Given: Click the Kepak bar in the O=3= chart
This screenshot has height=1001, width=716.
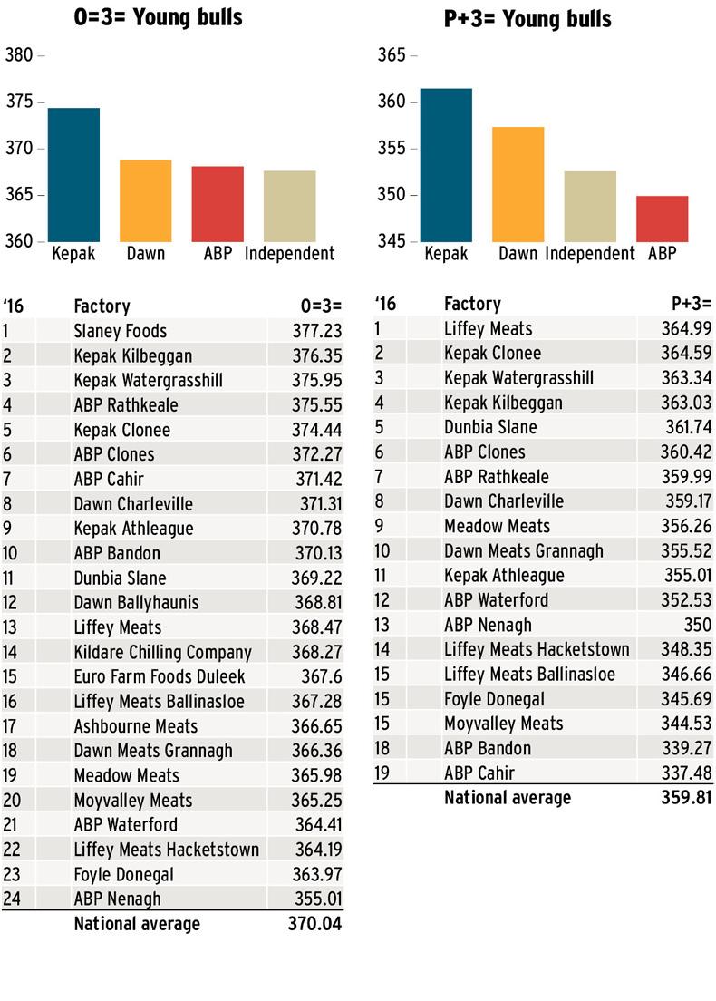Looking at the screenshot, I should pos(73,175).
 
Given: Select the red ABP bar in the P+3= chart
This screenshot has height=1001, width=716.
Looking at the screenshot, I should pos(662,219).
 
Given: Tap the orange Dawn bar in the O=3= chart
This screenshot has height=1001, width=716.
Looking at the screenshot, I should pos(146,200).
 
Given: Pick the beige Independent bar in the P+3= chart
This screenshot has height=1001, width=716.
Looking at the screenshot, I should pos(590,206).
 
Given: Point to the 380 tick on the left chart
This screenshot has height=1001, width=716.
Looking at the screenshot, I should pos(19,55).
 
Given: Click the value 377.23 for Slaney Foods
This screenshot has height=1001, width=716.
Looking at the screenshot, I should pos(317,331).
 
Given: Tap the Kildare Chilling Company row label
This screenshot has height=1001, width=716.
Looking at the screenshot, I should pos(162,652).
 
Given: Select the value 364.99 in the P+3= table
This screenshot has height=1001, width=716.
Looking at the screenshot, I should pos(687,328).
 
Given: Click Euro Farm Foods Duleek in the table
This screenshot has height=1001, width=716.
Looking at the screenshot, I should pos(160,676).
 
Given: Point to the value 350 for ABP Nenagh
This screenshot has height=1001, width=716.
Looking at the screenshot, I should pos(698,625).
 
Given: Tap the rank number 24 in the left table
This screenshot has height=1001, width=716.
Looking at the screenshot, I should pos(12,899).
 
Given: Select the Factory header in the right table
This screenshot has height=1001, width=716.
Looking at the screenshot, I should pos(472,304).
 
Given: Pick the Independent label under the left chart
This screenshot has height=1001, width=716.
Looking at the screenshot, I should pos(290,254).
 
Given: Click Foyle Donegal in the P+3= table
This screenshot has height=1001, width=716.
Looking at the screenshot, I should pos(495,699).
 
